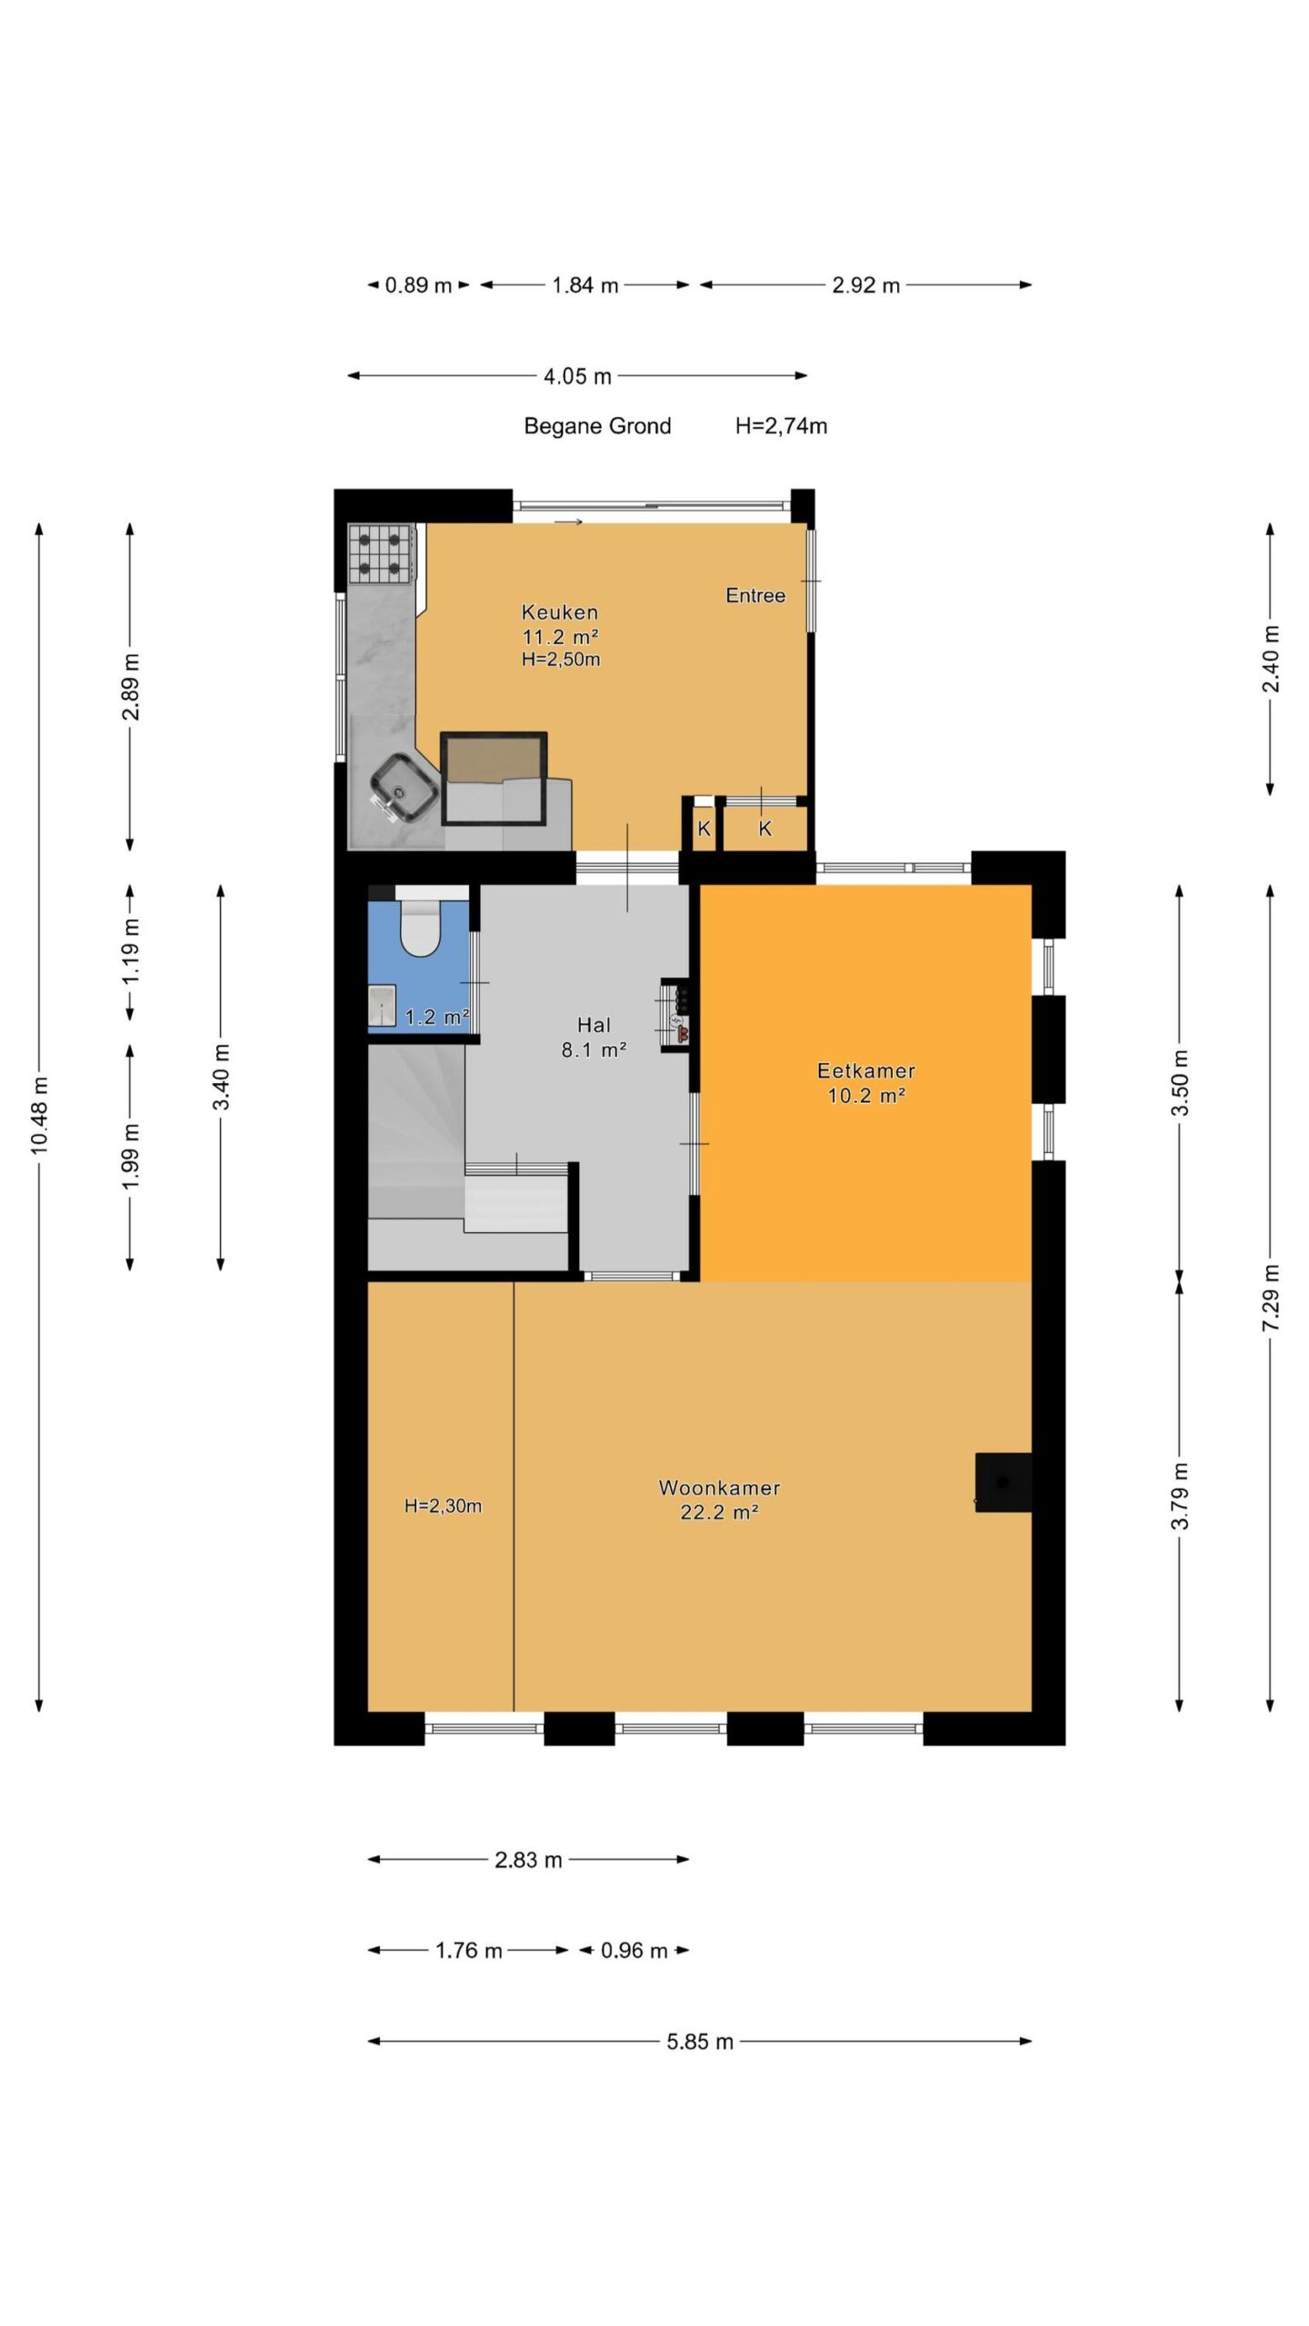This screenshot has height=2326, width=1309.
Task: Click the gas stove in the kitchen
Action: pos(381,553)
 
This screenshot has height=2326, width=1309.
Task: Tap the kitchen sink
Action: pos(405,787)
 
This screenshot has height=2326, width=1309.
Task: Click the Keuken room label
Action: pos(559,612)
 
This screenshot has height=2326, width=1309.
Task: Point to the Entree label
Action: pos(755,595)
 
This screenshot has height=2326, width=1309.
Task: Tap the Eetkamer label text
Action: pos(865,1070)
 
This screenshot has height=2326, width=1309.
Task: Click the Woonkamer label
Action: pos(719,1487)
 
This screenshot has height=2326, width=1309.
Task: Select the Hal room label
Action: pos(594,1025)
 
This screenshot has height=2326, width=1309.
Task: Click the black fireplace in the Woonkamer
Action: pos(1003,1482)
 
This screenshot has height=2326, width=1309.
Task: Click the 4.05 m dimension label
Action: pos(577,376)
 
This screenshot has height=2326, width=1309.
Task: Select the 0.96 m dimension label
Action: pos(634,1951)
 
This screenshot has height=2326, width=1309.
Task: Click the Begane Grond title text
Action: pos(597,426)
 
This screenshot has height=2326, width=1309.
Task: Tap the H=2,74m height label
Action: pos(781,426)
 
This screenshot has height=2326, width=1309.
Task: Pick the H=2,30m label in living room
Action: pos(443,1506)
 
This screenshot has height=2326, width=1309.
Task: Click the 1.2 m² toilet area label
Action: pos(436,1017)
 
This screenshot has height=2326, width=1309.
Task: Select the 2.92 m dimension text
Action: pos(865,285)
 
